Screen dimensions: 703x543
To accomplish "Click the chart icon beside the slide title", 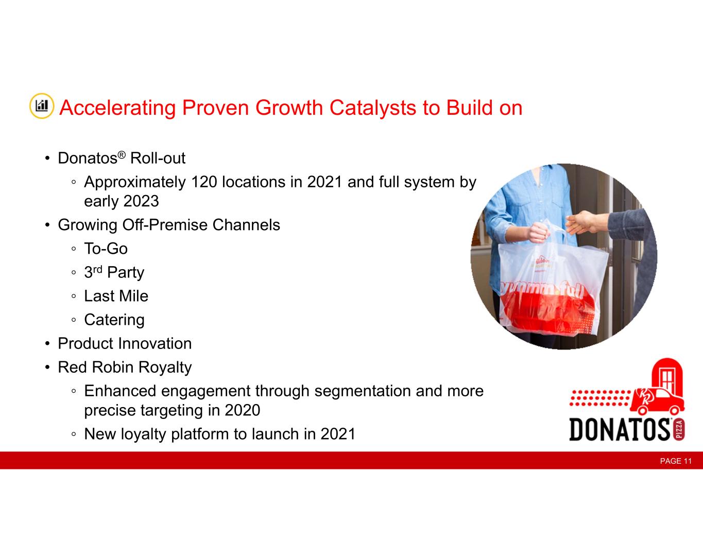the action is (x=42, y=106).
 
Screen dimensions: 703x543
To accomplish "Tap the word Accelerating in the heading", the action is (x=117, y=108).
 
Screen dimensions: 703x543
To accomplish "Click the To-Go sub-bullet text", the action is (x=106, y=249).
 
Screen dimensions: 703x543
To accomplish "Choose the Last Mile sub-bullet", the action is (x=116, y=296).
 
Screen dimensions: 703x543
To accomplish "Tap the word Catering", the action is (x=114, y=320).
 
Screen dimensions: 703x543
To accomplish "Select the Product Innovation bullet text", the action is (x=125, y=343).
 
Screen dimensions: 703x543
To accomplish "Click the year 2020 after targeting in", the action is (x=242, y=410).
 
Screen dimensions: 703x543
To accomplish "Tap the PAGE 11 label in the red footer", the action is (x=676, y=461).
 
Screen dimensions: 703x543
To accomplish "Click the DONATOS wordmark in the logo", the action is (x=620, y=429).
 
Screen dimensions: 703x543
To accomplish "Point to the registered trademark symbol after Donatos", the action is (x=122, y=155).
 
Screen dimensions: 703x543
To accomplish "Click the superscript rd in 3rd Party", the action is (x=97, y=269).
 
